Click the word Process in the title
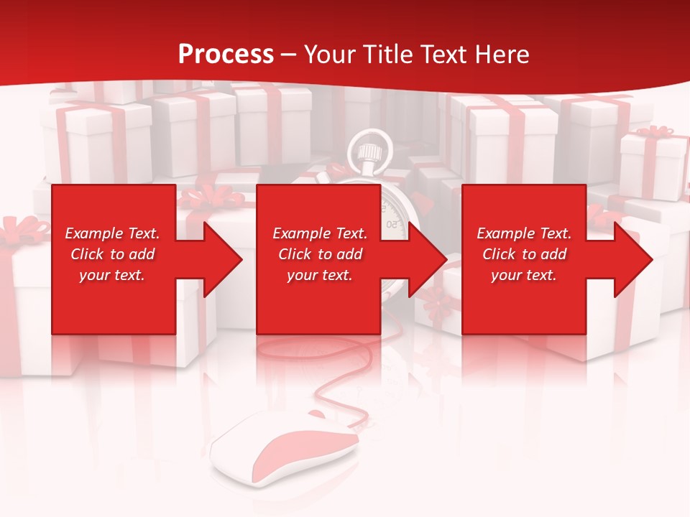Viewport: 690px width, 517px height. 226,55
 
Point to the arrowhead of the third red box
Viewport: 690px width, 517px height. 632,259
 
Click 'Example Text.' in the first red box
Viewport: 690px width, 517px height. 112,233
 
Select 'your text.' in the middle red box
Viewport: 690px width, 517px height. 319,275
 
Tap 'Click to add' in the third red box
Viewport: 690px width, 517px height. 524,254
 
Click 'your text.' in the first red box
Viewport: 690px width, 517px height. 112,275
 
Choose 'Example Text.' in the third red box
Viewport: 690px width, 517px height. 524,233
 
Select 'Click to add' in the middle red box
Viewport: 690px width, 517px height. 319,254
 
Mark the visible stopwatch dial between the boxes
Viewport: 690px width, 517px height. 394,215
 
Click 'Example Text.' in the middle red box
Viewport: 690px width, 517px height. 319,233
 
